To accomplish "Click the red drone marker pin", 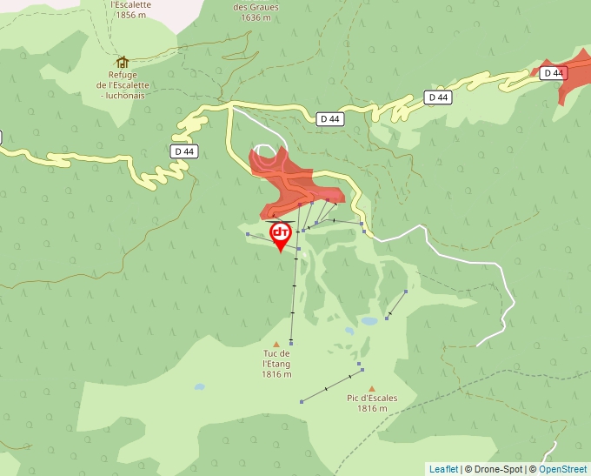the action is click(x=280, y=235).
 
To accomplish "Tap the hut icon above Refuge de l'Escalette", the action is click(x=123, y=63).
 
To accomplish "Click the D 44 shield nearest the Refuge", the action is click(x=184, y=151).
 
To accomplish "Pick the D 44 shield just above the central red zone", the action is click(x=329, y=118).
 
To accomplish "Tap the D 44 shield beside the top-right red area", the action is click(x=554, y=73).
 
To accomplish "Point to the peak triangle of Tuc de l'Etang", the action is click(x=276, y=344).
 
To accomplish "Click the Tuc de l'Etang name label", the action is click(x=276, y=359).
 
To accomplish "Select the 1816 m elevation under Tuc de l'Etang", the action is click(x=276, y=374).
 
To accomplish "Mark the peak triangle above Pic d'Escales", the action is click(x=372, y=389).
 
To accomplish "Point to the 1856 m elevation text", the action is click(x=131, y=16).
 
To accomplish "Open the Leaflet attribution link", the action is click(x=443, y=469).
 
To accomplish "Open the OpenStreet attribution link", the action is click(x=562, y=469).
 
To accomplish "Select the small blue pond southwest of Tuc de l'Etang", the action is click(x=200, y=386).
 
